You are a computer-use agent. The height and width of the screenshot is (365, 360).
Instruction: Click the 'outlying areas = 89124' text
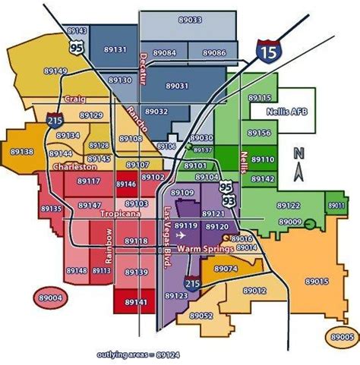(x=138, y=354)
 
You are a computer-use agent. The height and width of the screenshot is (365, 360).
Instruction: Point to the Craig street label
(x=74, y=99)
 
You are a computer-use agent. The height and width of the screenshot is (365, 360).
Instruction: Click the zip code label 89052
(x=201, y=315)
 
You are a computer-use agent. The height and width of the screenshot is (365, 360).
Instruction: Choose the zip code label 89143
(x=77, y=31)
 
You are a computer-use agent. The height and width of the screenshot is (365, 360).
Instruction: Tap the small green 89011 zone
(x=335, y=206)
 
